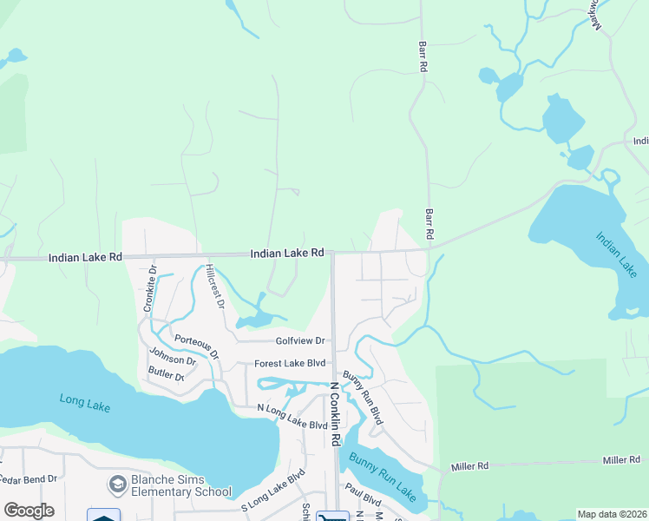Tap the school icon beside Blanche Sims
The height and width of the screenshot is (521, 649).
point(117,483)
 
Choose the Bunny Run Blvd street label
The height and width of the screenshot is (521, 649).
point(362,398)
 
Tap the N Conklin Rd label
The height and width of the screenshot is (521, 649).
point(332,415)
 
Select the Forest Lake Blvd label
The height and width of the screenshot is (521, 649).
point(289,364)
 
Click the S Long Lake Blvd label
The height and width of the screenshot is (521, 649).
point(273,487)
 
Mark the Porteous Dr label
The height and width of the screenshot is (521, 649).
point(197,346)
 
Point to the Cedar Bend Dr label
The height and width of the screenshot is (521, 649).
point(28,478)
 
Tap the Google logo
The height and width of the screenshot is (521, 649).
point(29,511)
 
